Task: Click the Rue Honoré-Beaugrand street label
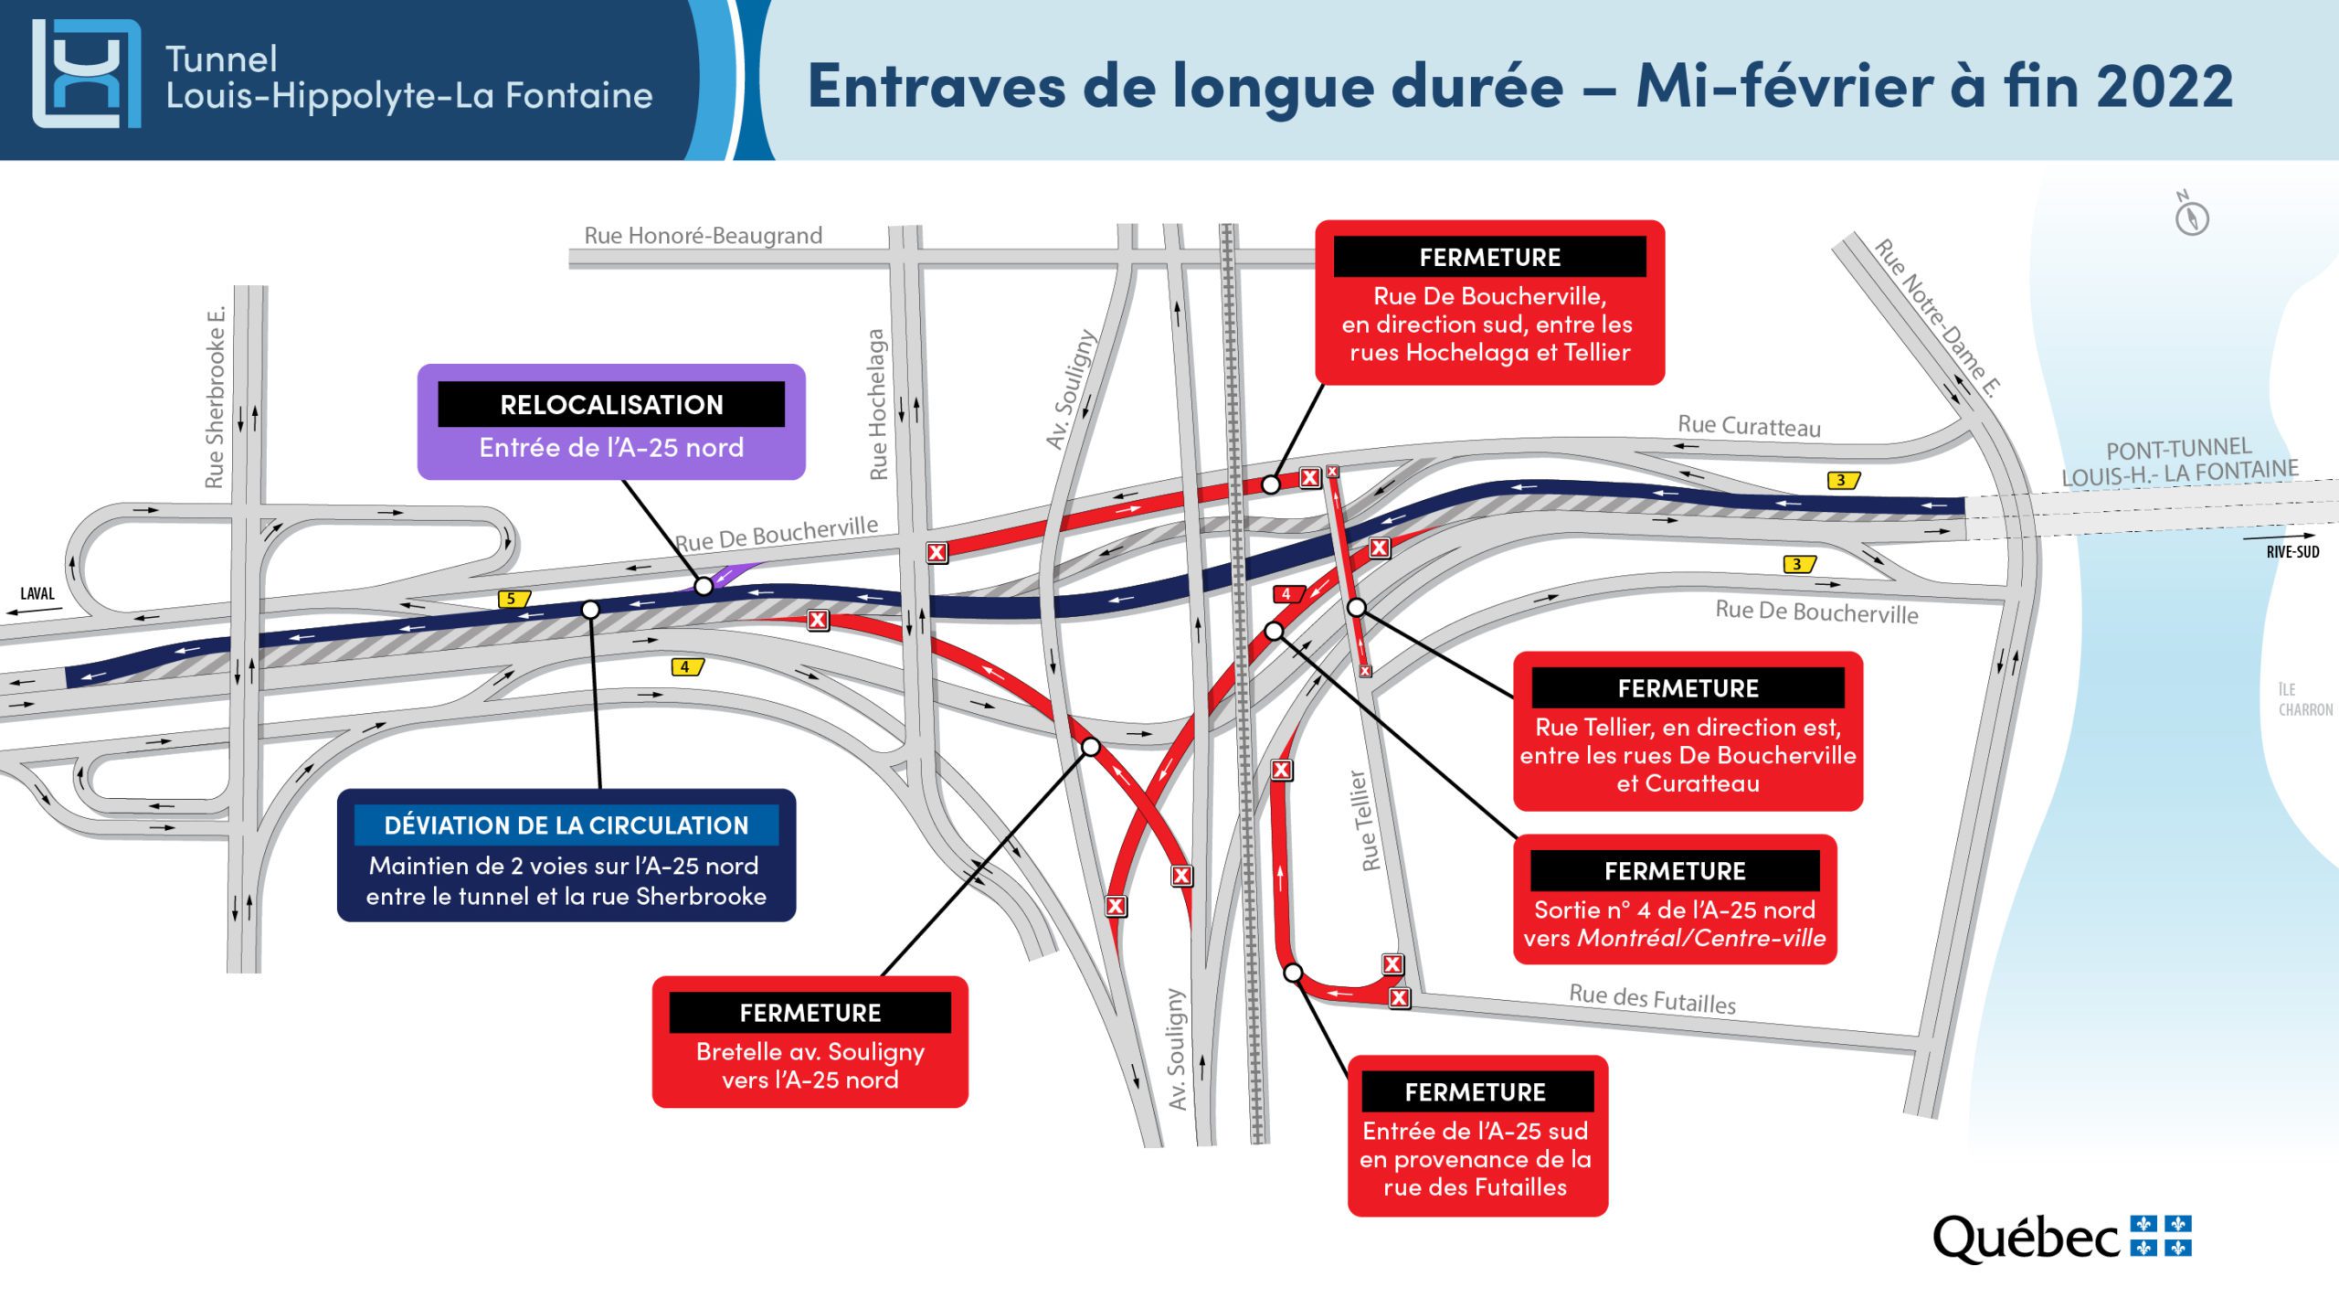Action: click(x=704, y=236)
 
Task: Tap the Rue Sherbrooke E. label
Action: click(x=215, y=397)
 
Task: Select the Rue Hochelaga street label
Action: click(x=877, y=404)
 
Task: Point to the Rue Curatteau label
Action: click(x=1749, y=426)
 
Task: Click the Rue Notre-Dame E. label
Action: click(x=1938, y=317)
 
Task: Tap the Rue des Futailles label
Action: click(x=1652, y=998)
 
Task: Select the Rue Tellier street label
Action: click(x=1365, y=820)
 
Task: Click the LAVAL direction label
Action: click(x=37, y=593)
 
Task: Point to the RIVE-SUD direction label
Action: click(x=2292, y=551)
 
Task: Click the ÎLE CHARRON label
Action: click(x=2304, y=699)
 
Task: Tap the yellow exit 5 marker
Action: click(x=513, y=599)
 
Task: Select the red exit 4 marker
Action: click(x=1288, y=594)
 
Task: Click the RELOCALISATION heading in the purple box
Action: click(x=611, y=404)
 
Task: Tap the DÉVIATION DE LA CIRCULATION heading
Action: click(x=566, y=825)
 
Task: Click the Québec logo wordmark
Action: click(x=2026, y=1239)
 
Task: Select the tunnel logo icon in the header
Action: click(x=87, y=73)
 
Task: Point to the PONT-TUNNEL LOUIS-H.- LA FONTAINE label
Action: click(x=2179, y=462)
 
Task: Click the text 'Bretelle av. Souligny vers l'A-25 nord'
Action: click(x=810, y=1065)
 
